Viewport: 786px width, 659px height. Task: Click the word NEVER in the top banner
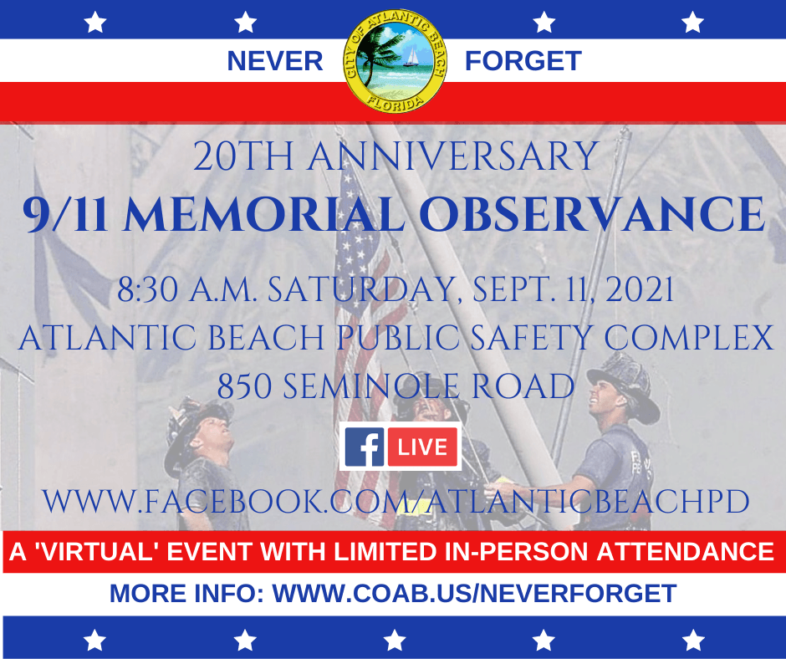[x=275, y=61]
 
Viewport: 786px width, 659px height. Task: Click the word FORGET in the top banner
[x=523, y=61]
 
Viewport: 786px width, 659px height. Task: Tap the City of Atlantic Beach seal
[x=396, y=61]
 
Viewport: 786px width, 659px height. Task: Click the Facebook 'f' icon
[x=365, y=447]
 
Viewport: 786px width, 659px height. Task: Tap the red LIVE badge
[x=422, y=447]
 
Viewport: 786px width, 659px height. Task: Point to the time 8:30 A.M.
[x=176, y=293]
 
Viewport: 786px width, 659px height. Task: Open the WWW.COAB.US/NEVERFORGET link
[x=474, y=593]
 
